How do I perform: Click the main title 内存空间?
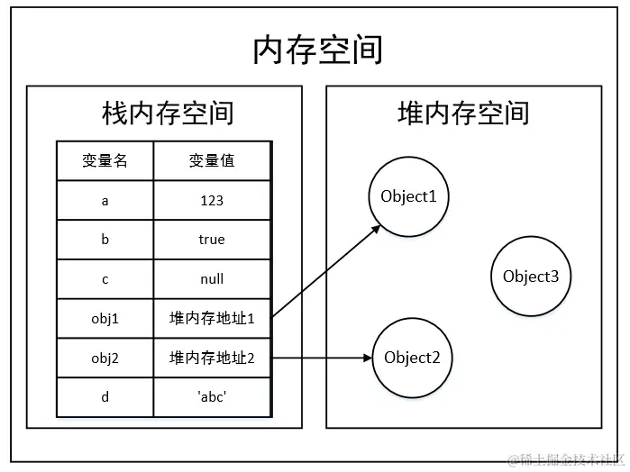(317, 50)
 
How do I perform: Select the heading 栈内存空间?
(168, 113)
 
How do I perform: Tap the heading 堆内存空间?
(463, 113)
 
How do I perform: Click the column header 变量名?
(105, 161)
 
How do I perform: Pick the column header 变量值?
(212, 161)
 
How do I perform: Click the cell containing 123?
(212, 201)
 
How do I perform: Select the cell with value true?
(212, 240)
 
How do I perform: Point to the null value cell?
(212, 279)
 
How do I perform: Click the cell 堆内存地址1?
(212, 318)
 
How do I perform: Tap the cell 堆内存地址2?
(212, 358)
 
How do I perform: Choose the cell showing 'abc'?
(212, 396)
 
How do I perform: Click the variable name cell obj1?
(105, 318)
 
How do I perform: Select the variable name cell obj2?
(105, 358)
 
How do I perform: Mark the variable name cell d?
(105, 396)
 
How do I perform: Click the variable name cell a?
(105, 201)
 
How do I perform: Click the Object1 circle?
(408, 197)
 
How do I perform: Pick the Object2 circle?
(412, 358)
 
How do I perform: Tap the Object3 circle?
(531, 277)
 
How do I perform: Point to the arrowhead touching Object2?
(368, 358)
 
